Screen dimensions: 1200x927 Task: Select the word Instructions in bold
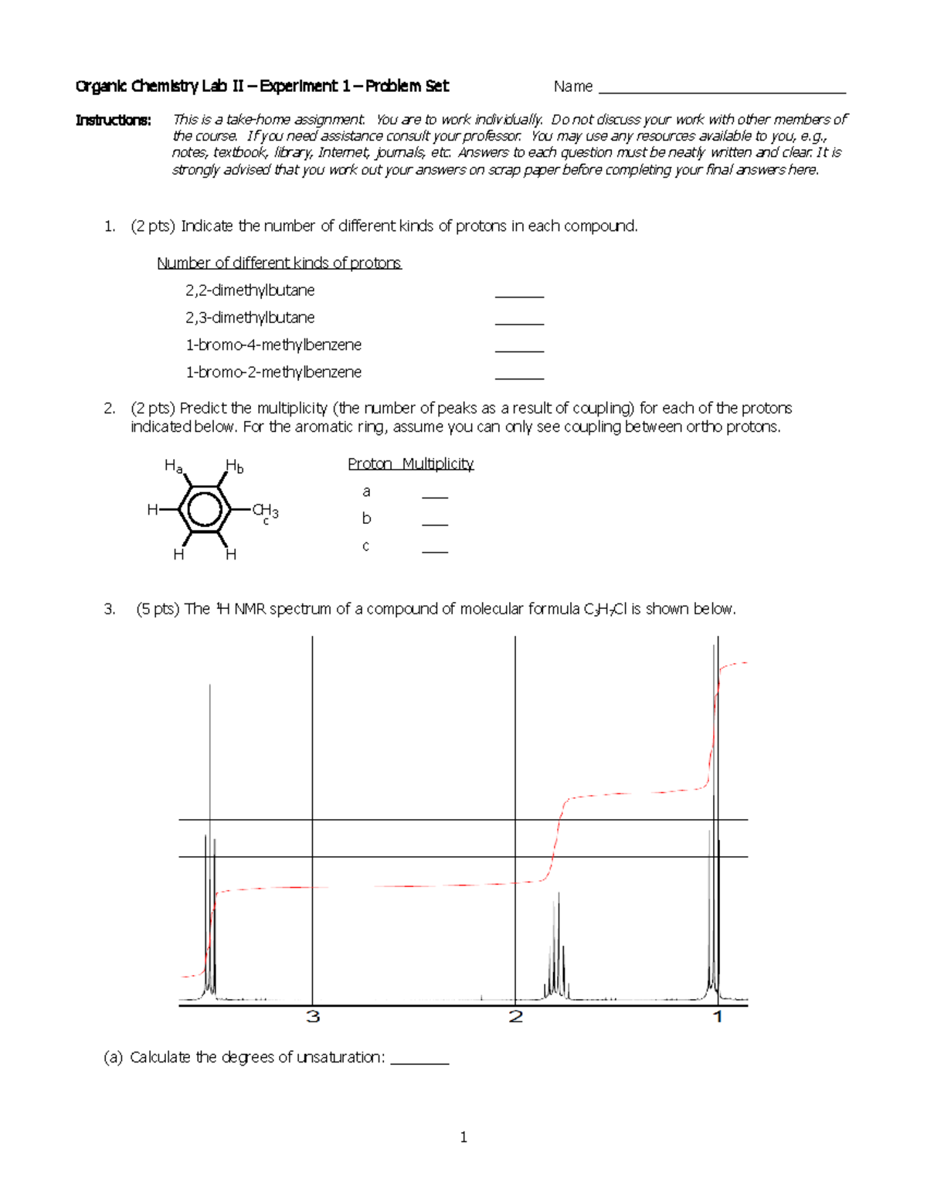coord(113,120)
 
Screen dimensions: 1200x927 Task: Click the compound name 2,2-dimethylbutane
coord(250,291)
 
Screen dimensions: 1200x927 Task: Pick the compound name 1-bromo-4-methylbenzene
coord(273,345)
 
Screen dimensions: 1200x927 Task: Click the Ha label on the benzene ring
coord(173,466)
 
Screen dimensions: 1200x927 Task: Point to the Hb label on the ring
coord(234,466)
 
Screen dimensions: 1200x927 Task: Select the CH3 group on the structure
coord(265,511)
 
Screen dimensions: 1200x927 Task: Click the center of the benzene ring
coord(204,510)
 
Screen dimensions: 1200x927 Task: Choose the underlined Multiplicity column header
coord(437,464)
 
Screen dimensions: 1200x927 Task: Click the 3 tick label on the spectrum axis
coord(313,1017)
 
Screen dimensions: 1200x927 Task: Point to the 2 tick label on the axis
coord(516,1017)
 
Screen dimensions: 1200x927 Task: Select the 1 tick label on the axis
coord(718,1017)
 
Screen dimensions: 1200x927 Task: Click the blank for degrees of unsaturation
coord(419,1059)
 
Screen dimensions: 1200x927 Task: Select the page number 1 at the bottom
coord(463,1137)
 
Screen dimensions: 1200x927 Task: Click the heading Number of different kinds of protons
coord(279,263)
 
